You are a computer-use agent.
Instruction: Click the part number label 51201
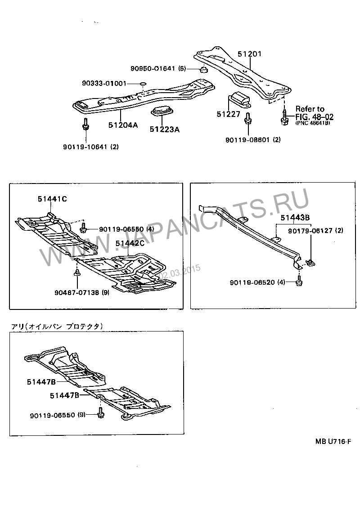click(x=249, y=54)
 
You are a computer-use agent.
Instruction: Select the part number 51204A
click(x=122, y=125)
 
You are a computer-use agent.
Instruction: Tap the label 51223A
click(x=165, y=130)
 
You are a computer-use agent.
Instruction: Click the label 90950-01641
click(x=153, y=69)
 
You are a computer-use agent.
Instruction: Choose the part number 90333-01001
click(x=104, y=83)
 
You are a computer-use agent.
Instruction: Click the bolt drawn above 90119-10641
click(x=85, y=125)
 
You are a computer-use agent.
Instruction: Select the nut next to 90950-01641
click(x=203, y=69)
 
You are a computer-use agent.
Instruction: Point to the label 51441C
click(x=52, y=198)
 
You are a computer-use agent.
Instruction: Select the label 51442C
click(x=129, y=243)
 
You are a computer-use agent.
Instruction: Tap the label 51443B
click(x=295, y=217)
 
